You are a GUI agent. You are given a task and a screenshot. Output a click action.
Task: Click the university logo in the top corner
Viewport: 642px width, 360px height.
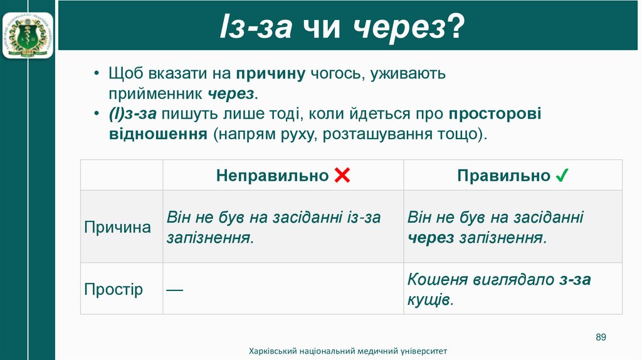point(28,31)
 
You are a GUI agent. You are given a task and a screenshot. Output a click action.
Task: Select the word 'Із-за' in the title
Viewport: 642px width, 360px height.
point(255,28)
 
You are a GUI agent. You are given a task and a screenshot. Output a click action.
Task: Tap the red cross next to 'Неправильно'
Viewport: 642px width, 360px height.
point(342,176)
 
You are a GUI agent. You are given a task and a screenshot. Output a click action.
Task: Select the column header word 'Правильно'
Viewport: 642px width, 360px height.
point(503,176)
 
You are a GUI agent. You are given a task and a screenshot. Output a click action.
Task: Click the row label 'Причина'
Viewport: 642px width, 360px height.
point(118,227)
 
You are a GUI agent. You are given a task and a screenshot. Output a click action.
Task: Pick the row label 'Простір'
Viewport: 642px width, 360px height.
point(113,289)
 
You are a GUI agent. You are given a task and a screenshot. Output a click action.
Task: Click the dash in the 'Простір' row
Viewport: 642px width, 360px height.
point(175,290)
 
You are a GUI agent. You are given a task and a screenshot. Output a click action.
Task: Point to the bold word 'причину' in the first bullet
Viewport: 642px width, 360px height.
point(270,74)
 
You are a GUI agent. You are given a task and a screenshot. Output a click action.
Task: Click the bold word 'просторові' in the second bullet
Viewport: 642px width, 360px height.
point(495,114)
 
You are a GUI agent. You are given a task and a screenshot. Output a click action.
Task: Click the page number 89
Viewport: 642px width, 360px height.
point(601,337)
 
